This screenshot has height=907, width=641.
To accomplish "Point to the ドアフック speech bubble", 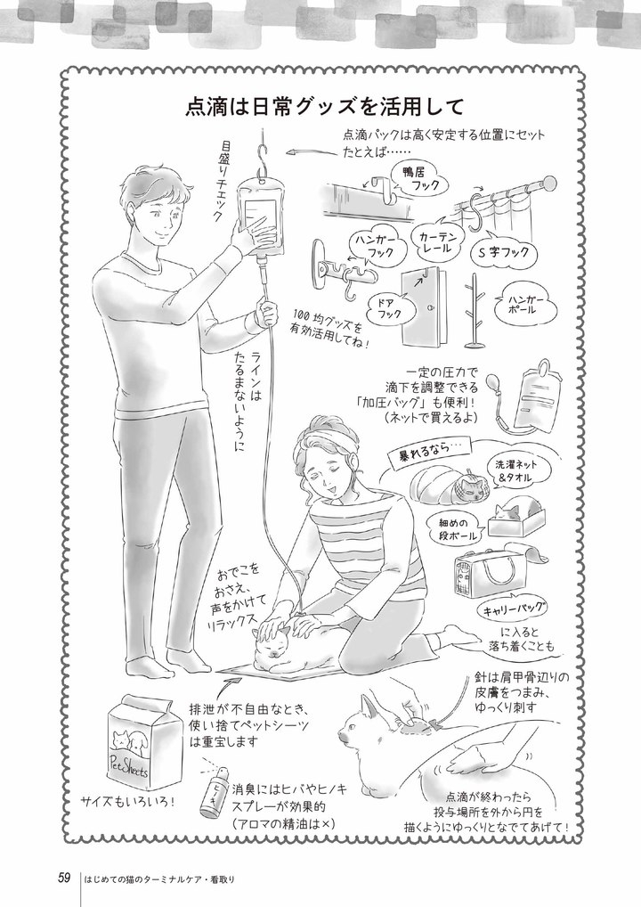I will pyautogui.click(x=385, y=307).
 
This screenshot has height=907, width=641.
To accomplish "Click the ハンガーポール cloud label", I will pyautogui.click(x=525, y=306).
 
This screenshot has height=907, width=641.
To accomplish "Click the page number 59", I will pyautogui.click(x=64, y=878).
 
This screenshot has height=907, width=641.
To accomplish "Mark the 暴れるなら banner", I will pyautogui.click(x=426, y=452).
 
